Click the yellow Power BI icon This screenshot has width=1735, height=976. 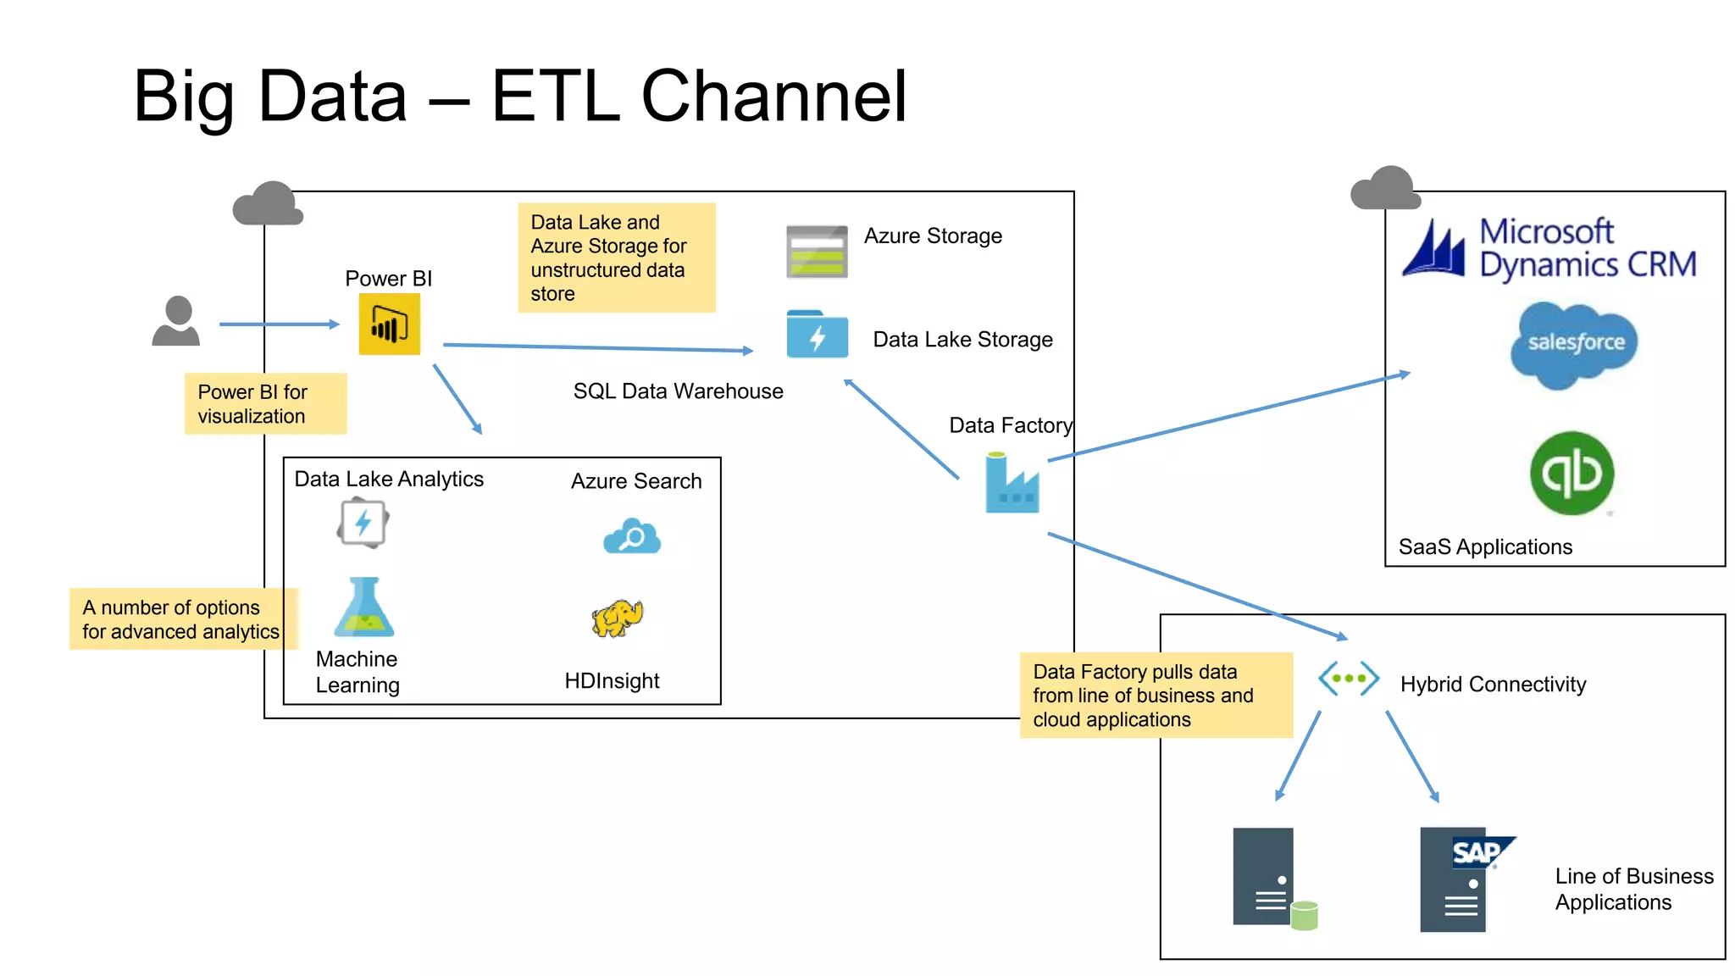(389, 324)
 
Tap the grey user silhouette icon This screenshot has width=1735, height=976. (176, 321)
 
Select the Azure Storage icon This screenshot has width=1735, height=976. (817, 252)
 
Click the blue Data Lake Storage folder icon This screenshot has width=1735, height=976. (817, 335)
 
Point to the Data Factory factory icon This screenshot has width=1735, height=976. (1012, 484)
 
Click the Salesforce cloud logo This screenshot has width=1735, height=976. (1574, 344)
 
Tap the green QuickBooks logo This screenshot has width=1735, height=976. (1572, 473)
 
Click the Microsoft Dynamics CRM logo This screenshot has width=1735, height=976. (1549, 248)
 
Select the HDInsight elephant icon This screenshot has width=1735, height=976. (618, 618)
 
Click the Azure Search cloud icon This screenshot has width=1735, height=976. (632, 536)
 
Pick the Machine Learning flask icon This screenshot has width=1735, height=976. (364, 608)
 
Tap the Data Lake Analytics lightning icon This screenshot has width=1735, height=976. (363, 523)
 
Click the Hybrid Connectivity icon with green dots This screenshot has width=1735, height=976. (1349, 679)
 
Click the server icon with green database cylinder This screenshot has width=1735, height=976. (1271, 879)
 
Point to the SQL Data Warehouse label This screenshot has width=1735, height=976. (678, 391)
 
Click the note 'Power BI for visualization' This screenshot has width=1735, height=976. (265, 404)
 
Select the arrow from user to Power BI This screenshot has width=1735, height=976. (279, 324)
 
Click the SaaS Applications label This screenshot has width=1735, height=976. (1485, 547)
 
